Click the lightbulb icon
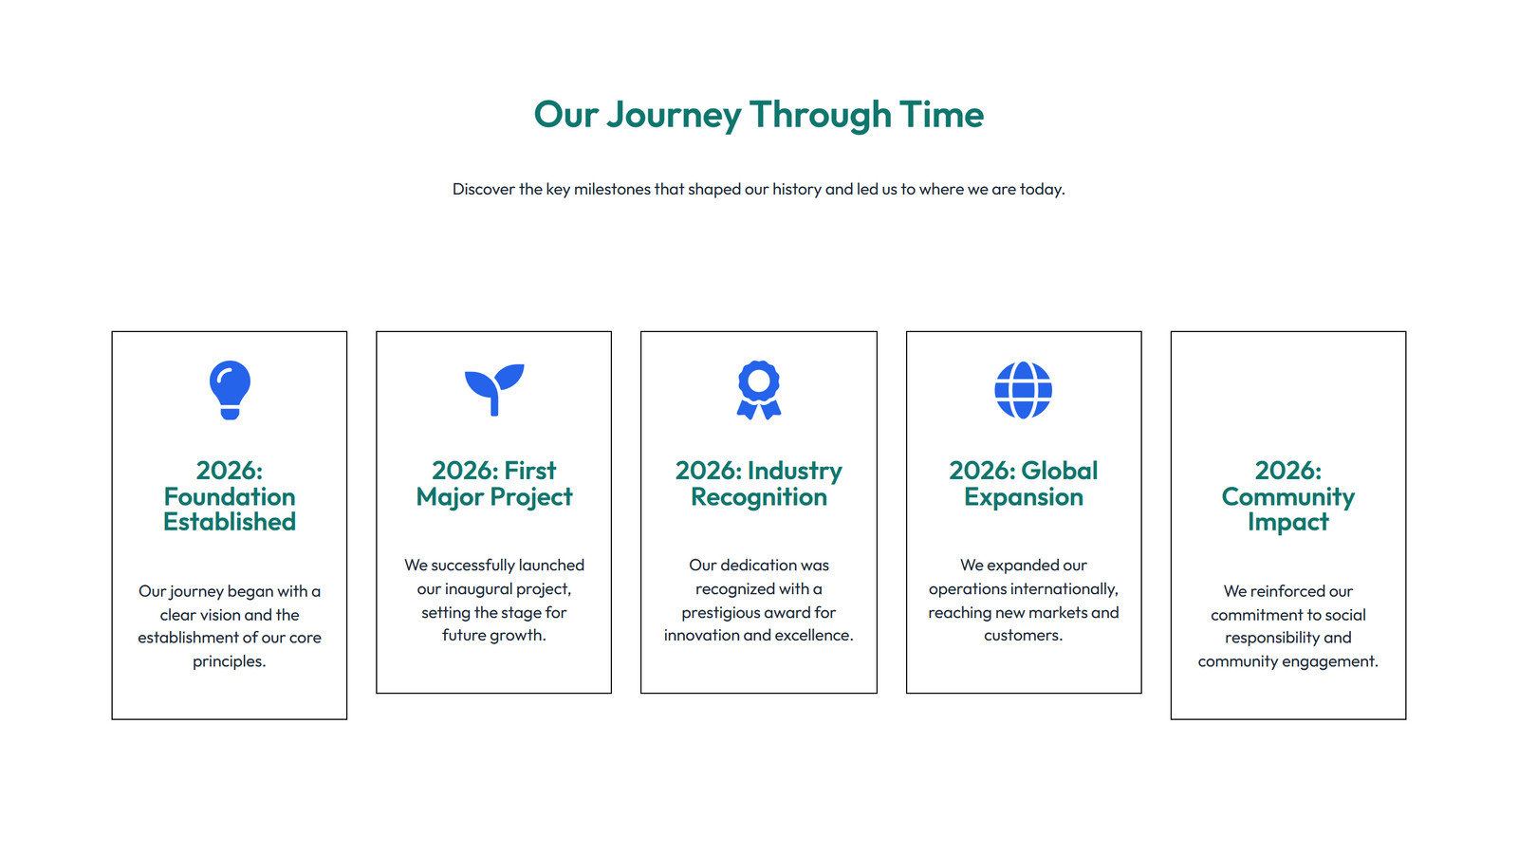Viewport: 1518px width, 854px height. tap(230, 389)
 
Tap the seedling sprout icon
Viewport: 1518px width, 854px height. tap(494, 389)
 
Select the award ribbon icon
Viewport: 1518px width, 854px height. tap(759, 389)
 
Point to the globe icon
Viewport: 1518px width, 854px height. tap(1023, 389)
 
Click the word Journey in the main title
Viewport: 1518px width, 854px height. tap(674, 115)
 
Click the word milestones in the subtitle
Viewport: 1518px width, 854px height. tap(612, 189)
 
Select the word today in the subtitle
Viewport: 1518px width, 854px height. tap(1041, 189)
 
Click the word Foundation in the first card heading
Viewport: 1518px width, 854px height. tap(230, 496)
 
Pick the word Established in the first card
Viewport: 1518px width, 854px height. tap(230, 522)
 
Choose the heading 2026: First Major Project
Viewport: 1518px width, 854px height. tap(494, 484)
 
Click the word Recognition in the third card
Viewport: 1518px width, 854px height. tap(759, 497)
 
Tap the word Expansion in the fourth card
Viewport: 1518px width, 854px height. tap(1024, 497)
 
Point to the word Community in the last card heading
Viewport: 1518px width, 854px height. tap(1287, 496)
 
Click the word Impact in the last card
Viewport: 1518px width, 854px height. tap(1287, 522)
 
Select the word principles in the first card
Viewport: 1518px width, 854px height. tap(229, 661)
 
